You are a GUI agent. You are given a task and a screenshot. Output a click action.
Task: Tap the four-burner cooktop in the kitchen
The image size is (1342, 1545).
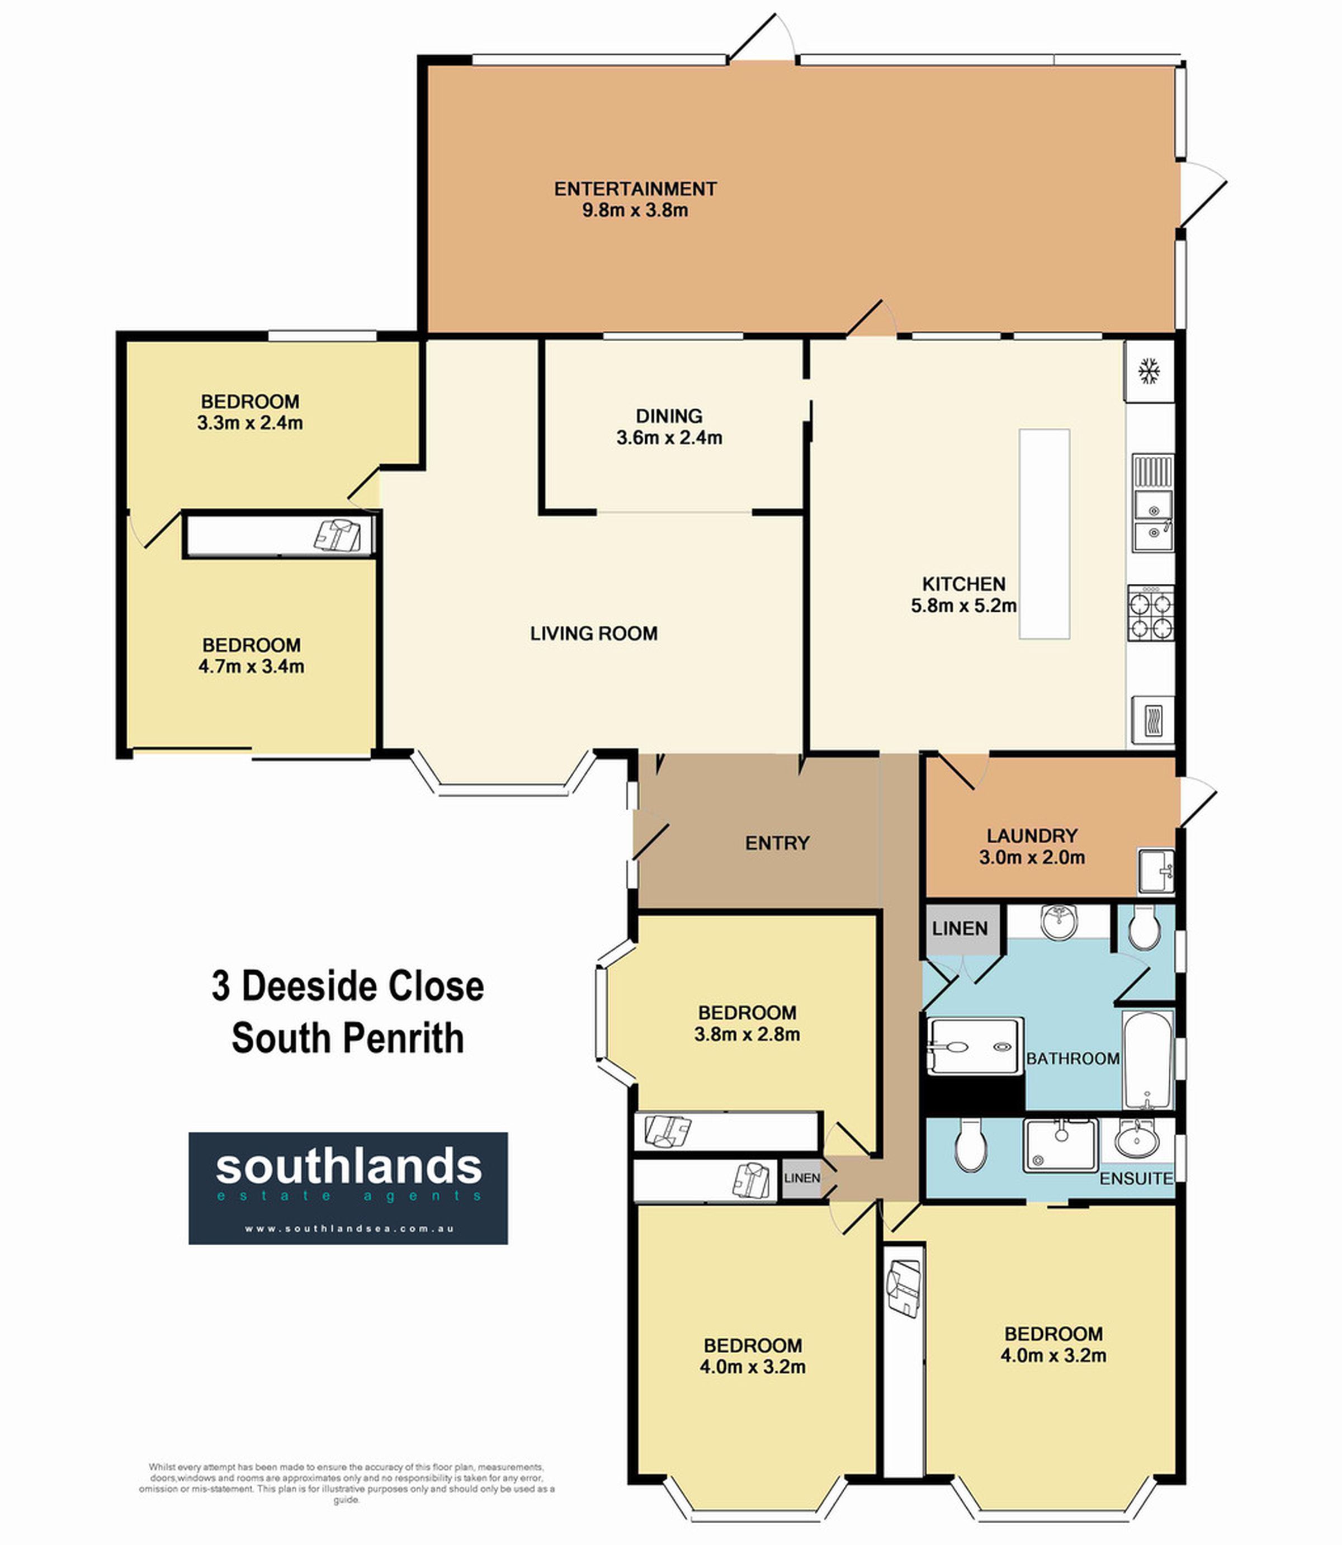point(1151,613)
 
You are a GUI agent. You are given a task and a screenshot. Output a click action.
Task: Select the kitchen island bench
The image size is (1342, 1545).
point(1044,534)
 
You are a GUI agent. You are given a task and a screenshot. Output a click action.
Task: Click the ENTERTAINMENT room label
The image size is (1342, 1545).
point(635,189)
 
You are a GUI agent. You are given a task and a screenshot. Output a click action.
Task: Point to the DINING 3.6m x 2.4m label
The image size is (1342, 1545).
point(669,426)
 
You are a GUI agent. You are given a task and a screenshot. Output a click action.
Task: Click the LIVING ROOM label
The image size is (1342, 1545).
point(594,634)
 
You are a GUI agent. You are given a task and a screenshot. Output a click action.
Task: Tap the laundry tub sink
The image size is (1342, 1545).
point(1156,871)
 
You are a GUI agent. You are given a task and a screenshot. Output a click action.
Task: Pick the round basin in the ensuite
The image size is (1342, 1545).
point(1137,1141)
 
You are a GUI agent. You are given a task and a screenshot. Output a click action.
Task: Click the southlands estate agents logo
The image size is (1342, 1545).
point(348,1188)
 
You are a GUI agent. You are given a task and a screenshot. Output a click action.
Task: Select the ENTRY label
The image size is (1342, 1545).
point(777,843)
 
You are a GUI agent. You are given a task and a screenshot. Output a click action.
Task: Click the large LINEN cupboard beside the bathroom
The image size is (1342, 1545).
point(961,929)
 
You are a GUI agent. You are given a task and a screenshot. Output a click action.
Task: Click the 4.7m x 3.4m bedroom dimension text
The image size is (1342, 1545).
point(252,667)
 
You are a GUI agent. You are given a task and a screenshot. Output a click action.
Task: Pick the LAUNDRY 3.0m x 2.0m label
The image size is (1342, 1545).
point(1032,846)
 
